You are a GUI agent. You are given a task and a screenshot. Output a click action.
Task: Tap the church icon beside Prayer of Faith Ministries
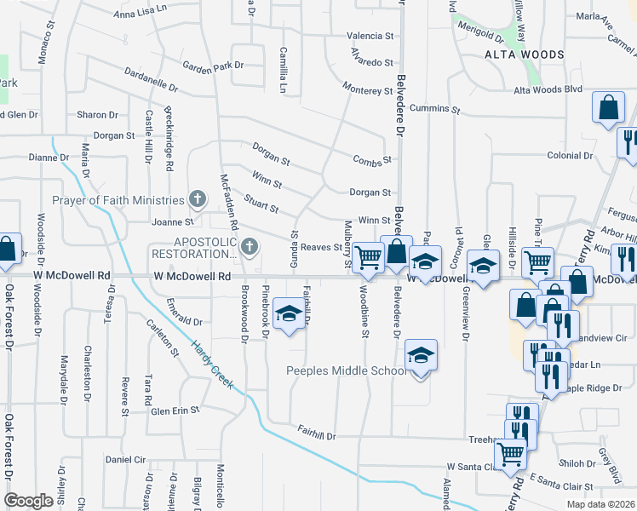pyautogui.click(x=198, y=200)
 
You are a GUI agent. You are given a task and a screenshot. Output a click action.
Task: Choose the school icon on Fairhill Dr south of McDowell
pyautogui.click(x=289, y=315)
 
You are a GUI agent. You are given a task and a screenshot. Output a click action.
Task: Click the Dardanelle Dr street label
pyautogui.click(x=151, y=80)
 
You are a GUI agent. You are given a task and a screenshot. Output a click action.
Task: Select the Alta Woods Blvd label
pyautogui.click(x=547, y=89)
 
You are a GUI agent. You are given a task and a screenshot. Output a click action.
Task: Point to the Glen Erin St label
pyautogui.click(x=175, y=410)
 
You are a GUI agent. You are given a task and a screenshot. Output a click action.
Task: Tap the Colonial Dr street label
pyautogui.click(x=570, y=155)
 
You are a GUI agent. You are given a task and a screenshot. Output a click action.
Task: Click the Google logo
pyautogui.click(x=28, y=500)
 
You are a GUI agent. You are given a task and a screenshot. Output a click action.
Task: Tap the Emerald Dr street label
pyautogui.click(x=184, y=323)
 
